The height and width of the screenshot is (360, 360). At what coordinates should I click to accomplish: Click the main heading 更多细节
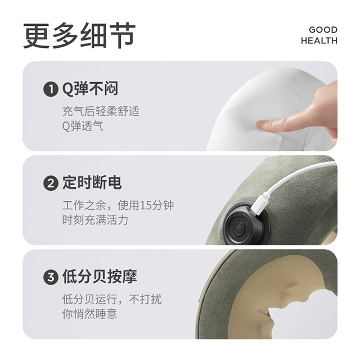[x=79, y=35]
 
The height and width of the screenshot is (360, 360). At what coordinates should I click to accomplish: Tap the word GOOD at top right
[x=323, y=30]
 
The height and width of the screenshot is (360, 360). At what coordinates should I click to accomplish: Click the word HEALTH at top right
[x=319, y=40]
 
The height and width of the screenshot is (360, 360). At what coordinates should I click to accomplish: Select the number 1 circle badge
[x=51, y=89]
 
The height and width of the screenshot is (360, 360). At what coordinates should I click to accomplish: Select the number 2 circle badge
[x=51, y=183]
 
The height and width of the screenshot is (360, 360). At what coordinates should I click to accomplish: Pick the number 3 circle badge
[x=51, y=277]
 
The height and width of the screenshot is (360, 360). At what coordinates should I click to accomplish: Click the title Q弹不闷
[x=90, y=89]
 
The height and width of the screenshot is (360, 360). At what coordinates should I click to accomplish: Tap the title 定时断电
[x=92, y=183]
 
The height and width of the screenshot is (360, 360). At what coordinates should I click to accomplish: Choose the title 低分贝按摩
[x=100, y=277]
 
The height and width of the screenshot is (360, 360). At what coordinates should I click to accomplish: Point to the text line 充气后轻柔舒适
[x=101, y=111]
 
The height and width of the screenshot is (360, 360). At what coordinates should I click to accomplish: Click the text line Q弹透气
[x=83, y=126]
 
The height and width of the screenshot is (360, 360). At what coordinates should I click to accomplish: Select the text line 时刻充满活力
[x=95, y=220]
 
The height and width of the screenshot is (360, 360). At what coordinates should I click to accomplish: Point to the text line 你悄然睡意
[x=89, y=314]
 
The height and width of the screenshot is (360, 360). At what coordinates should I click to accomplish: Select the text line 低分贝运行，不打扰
[x=112, y=299]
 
